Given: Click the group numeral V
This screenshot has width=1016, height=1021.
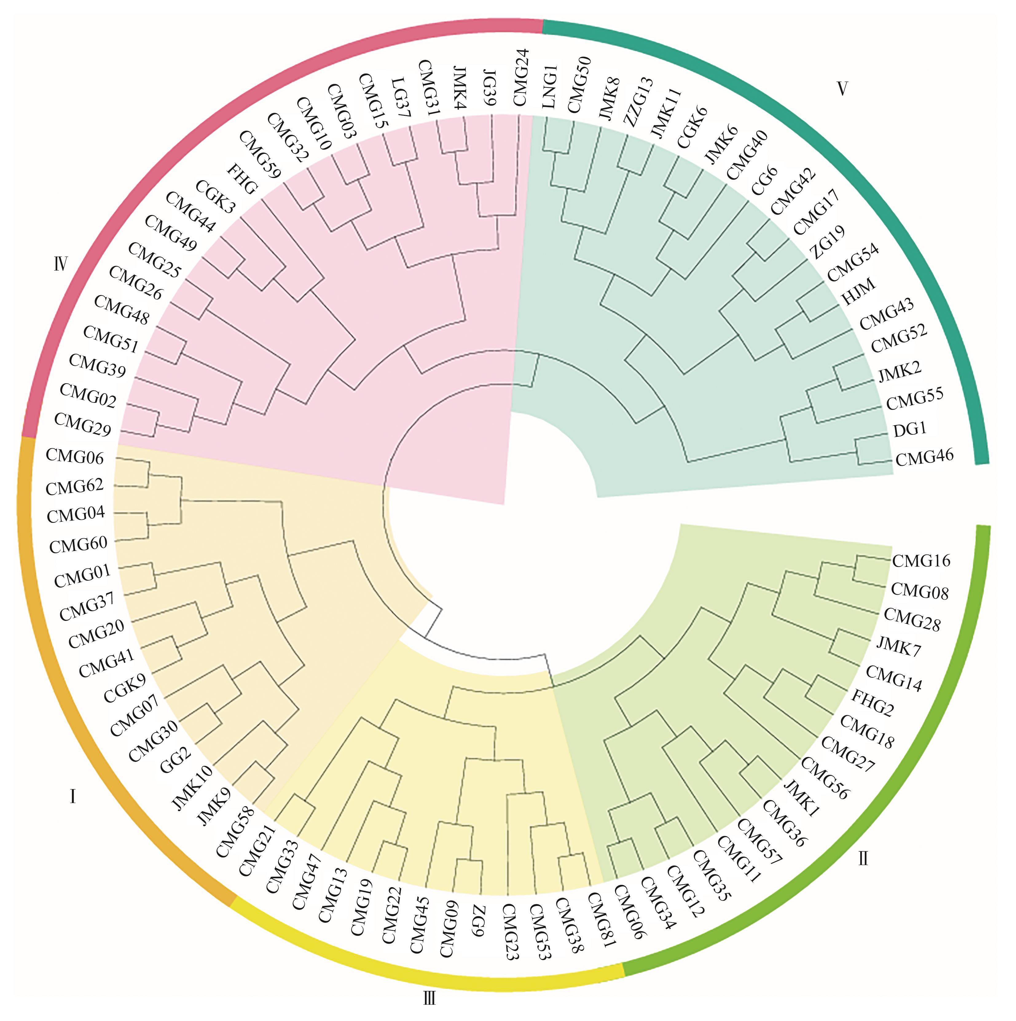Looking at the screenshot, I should point(842,89).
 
